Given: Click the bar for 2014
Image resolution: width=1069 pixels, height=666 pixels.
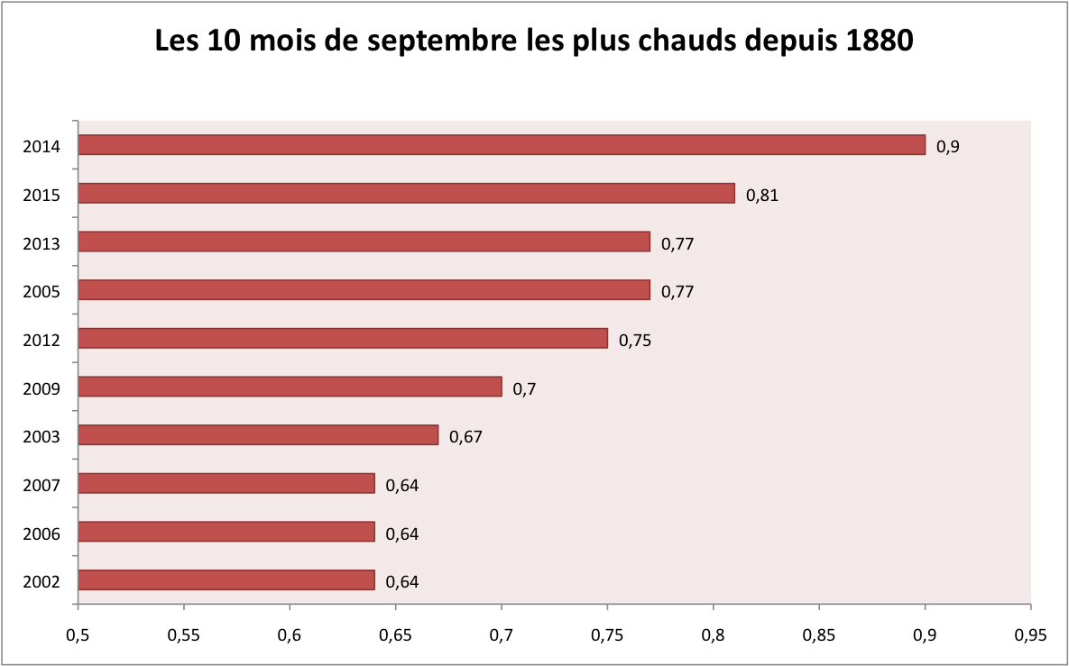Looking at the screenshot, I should (502, 145).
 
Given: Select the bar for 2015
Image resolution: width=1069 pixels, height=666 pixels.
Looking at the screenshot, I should (406, 194).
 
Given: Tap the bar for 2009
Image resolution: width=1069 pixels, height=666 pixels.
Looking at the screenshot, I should (290, 387).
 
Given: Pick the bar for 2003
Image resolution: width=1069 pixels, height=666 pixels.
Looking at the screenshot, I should (258, 435).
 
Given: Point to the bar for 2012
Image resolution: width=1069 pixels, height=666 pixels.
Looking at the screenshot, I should (343, 339).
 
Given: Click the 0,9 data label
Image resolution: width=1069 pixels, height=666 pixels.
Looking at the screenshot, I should (947, 146).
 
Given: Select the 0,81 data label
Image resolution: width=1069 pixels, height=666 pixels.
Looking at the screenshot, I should (761, 195).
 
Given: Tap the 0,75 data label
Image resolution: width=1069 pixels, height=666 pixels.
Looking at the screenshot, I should (635, 340).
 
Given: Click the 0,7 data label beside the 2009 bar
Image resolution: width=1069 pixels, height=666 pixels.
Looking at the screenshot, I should (524, 388).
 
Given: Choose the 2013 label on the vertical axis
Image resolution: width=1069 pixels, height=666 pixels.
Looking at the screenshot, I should (41, 243).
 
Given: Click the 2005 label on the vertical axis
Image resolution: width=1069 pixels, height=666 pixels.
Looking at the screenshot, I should (41, 292).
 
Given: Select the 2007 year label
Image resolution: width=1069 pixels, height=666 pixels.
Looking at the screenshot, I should (41, 486).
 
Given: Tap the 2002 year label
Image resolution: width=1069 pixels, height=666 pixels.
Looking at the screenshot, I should (41, 582).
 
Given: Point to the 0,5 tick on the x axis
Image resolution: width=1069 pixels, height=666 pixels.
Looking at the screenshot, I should (78, 634).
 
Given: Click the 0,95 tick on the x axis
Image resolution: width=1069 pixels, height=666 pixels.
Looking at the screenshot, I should (1030, 634).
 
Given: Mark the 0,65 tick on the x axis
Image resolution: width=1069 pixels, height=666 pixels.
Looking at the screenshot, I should (395, 634).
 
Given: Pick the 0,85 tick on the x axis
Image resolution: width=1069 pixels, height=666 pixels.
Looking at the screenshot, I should (819, 634).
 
